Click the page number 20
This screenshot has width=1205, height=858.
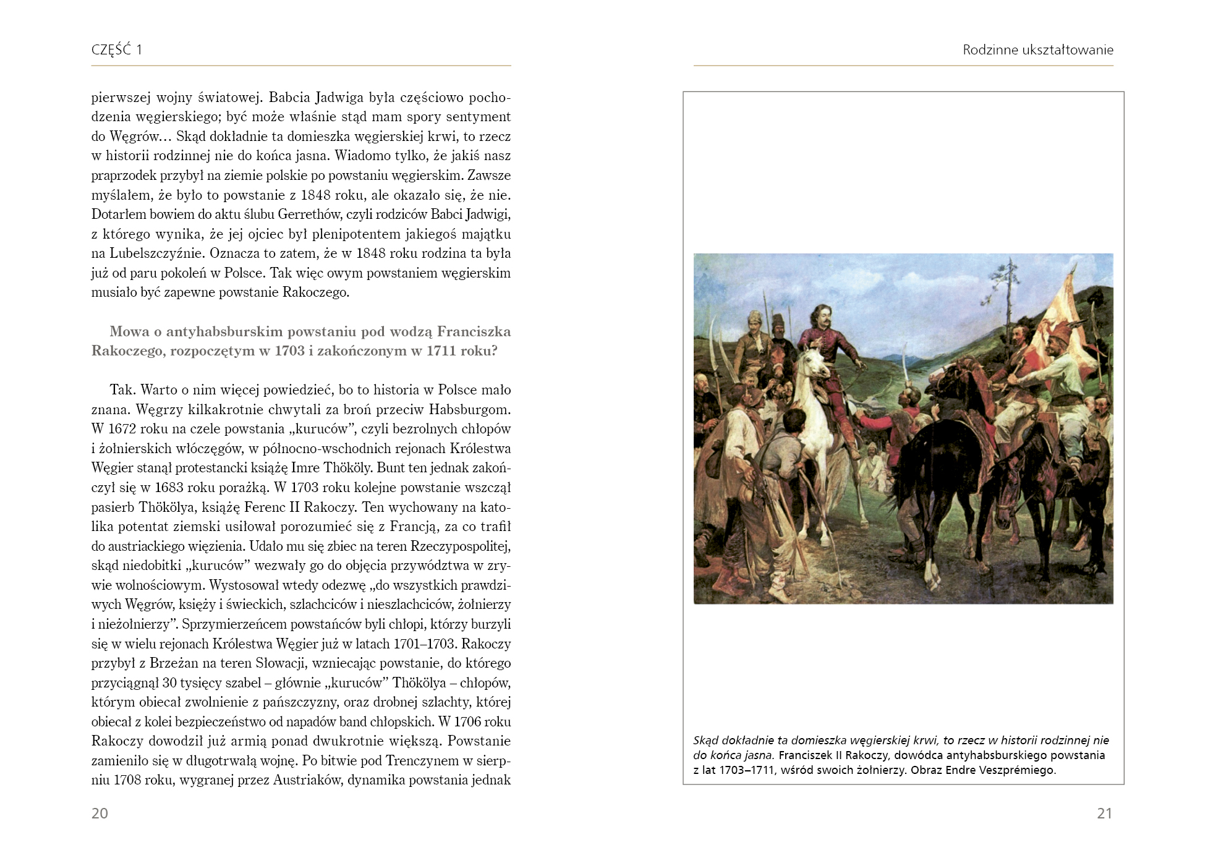(x=100, y=813)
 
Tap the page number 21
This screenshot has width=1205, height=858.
(x=1104, y=813)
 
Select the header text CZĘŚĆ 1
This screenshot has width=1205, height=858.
(x=117, y=49)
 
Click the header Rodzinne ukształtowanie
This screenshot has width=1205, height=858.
(x=1037, y=49)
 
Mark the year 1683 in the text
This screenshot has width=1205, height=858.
(x=169, y=487)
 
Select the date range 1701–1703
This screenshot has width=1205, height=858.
(x=424, y=643)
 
